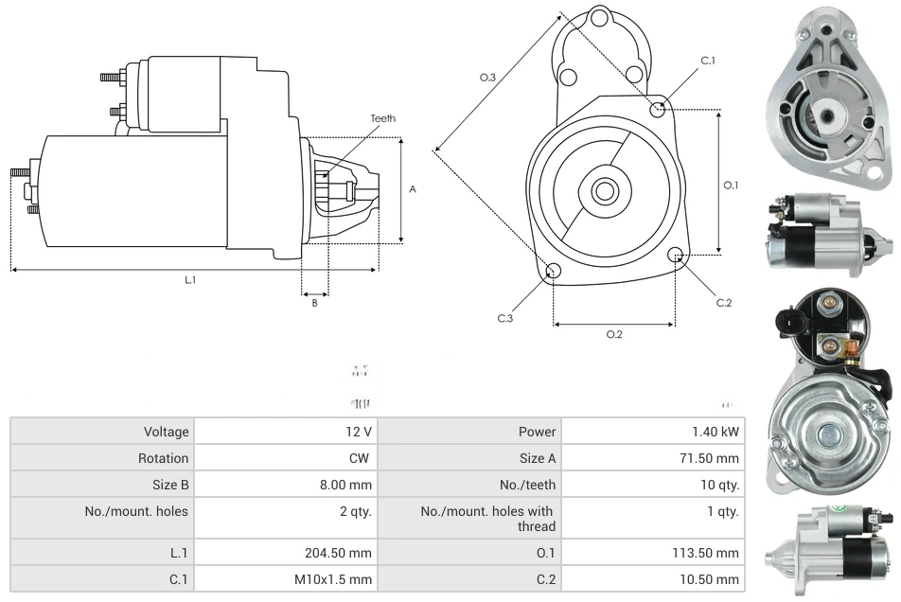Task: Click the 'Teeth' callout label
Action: (382, 118)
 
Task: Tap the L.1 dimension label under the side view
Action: (190, 279)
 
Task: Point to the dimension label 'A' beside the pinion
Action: (413, 189)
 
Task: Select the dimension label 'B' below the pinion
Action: (314, 303)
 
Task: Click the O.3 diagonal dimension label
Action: (488, 78)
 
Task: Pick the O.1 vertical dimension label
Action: (731, 186)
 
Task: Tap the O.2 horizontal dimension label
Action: (614, 334)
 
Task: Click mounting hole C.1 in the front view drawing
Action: (658, 109)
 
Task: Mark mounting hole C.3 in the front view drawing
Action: (554, 273)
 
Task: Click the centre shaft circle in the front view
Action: (604, 191)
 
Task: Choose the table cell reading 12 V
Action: (359, 432)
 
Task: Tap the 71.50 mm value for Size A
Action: (714, 458)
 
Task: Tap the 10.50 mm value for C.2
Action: (714, 579)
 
